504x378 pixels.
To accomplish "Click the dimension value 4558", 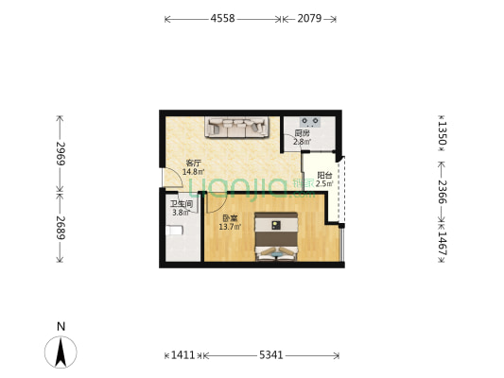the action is pyautogui.click(x=223, y=19).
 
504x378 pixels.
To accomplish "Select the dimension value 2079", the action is pyautogui.click(x=309, y=19).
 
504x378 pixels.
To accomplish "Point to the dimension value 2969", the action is pyautogui.click(x=61, y=153).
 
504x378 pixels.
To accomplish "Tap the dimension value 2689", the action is pyautogui.click(x=61, y=228).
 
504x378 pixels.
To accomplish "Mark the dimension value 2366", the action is pyautogui.click(x=443, y=192).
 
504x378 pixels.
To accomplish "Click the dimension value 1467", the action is pyautogui.click(x=443, y=244).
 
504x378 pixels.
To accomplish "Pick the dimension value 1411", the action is pyautogui.click(x=182, y=355).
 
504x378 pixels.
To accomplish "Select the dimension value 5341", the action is pyautogui.click(x=271, y=355).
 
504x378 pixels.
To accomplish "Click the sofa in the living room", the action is pyautogui.click(x=237, y=128).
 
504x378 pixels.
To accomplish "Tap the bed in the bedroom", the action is pyautogui.click(x=276, y=236).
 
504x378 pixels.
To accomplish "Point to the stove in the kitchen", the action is pyautogui.click(x=310, y=122).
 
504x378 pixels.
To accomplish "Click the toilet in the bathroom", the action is pyautogui.click(x=174, y=231).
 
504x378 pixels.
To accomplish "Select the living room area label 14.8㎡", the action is pyautogui.click(x=193, y=172).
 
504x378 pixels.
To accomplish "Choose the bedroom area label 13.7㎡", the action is pyautogui.click(x=230, y=227).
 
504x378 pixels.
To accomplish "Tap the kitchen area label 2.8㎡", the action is pyautogui.click(x=303, y=142).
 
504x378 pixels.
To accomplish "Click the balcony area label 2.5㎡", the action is pyautogui.click(x=324, y=183).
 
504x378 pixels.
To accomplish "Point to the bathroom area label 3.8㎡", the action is pyautogui.click(x=181, y=213).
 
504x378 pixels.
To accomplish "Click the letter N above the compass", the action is pyautogui.click(x=61, y=326).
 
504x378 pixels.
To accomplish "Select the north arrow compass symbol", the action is pyautogui.click(x=61, y=352).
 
